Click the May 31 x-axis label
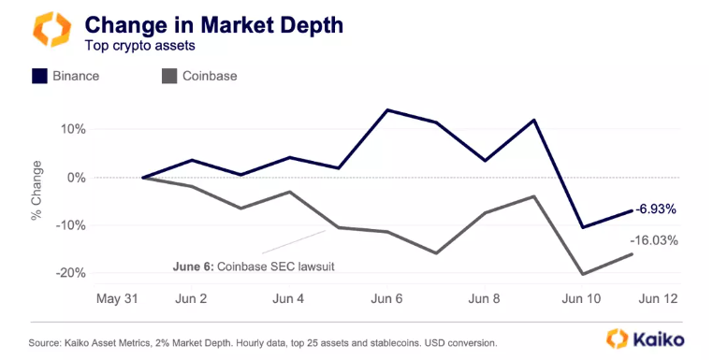119,299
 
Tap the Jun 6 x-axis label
386,299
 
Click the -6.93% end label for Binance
657,209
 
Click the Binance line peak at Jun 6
387,109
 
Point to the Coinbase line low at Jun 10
584,274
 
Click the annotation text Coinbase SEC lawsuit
276,266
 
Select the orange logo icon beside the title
51,30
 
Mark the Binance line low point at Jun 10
584,227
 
